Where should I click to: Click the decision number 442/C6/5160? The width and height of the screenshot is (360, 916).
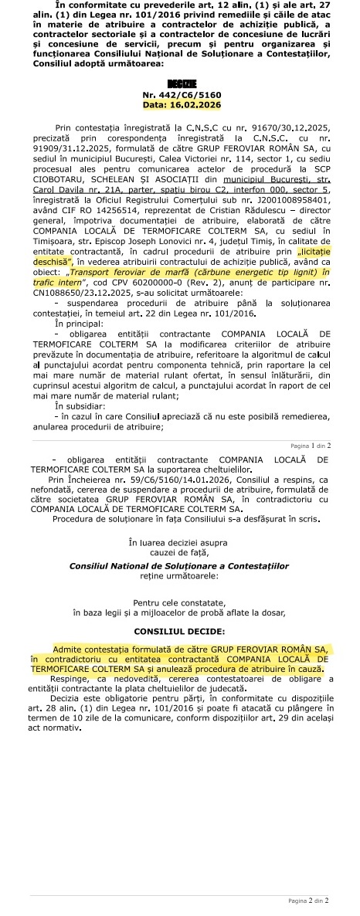[188, 93]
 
